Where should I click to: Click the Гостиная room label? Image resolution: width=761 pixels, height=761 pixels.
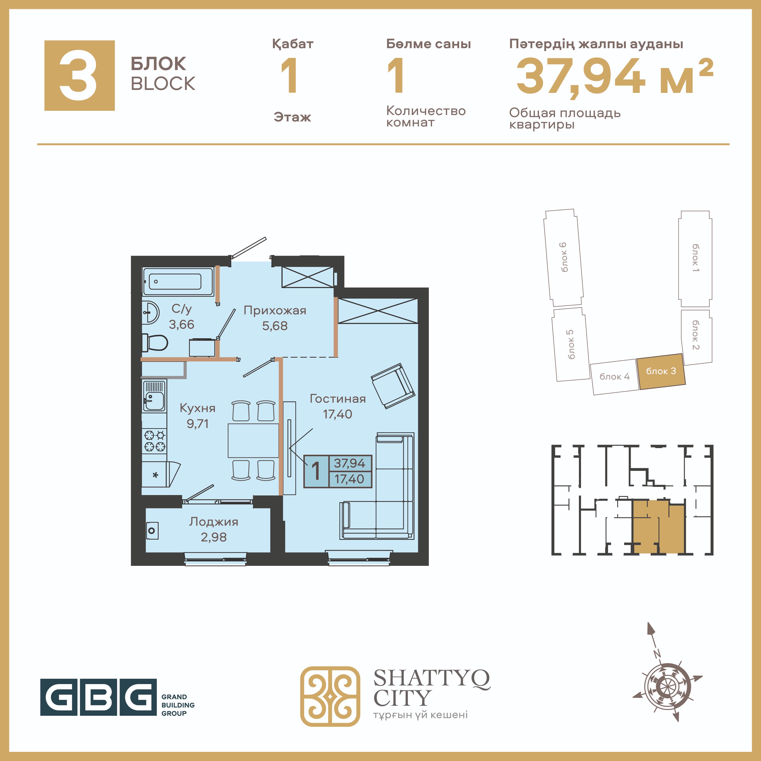click(x=338, y=399)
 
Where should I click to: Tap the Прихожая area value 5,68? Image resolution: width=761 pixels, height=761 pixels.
click(x=275, y=326)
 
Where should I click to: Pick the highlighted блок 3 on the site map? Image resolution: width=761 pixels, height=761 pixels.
click(x=661, y=371)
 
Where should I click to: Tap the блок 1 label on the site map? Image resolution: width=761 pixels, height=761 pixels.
click(x=696, y=258)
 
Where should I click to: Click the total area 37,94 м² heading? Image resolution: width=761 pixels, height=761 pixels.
click(x=614, y=76)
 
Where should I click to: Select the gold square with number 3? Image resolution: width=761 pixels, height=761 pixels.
click(x=80, y=75)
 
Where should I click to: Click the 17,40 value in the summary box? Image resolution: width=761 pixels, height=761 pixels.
click(x=349, y=479)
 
